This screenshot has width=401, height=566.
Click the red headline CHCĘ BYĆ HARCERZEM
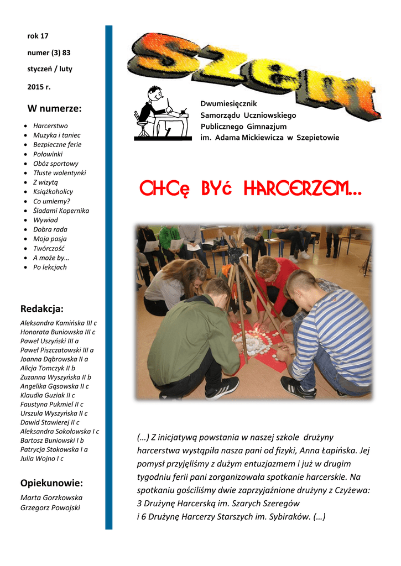click(251, 190)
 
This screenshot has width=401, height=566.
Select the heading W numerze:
click(54, 108)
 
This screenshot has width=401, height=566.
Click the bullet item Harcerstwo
click(50, 126)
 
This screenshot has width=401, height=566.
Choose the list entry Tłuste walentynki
click(59, 173)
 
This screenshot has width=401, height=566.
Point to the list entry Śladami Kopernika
click(61, 211)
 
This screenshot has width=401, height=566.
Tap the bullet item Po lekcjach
click(50, 267)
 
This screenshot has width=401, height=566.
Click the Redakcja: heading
click(41, 308)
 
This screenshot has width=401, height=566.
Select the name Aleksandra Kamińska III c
click(59, 323)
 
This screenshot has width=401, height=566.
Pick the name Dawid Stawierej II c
click(50, 422)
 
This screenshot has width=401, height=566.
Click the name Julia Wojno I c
click(42, 458)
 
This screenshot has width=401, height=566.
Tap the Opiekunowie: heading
click(51, 483)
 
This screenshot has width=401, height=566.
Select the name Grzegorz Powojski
click(50, 507)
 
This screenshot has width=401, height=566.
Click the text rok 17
click(38, 36)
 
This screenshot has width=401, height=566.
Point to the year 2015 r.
click(39, 87)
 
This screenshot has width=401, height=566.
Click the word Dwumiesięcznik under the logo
click(228, 104)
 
